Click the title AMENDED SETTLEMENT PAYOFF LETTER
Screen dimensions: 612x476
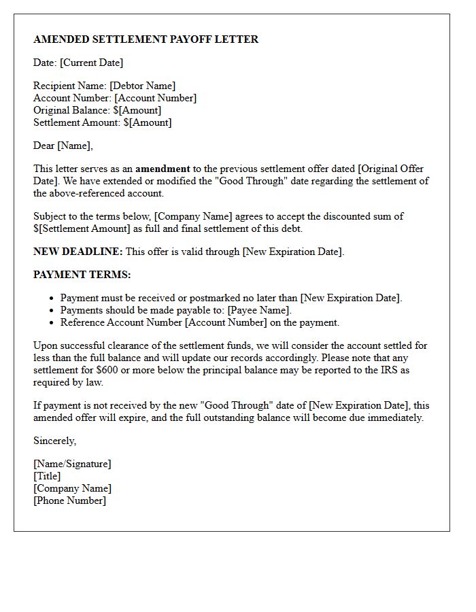[146, 39]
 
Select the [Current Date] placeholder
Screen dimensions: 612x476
[92, 63]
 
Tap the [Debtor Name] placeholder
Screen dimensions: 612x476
[143, 86]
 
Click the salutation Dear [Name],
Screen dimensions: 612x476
[63, 146]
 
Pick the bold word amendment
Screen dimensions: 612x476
[163, 169]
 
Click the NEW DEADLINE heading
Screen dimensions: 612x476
[78, 252]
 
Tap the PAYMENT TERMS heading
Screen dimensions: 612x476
[82, 275]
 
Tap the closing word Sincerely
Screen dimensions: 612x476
[54, 441]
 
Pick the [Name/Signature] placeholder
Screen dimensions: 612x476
[72, 464]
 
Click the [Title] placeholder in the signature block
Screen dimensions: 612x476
[47, 476]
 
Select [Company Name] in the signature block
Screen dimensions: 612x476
[72, 488]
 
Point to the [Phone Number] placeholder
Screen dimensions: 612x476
[69, 500]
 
